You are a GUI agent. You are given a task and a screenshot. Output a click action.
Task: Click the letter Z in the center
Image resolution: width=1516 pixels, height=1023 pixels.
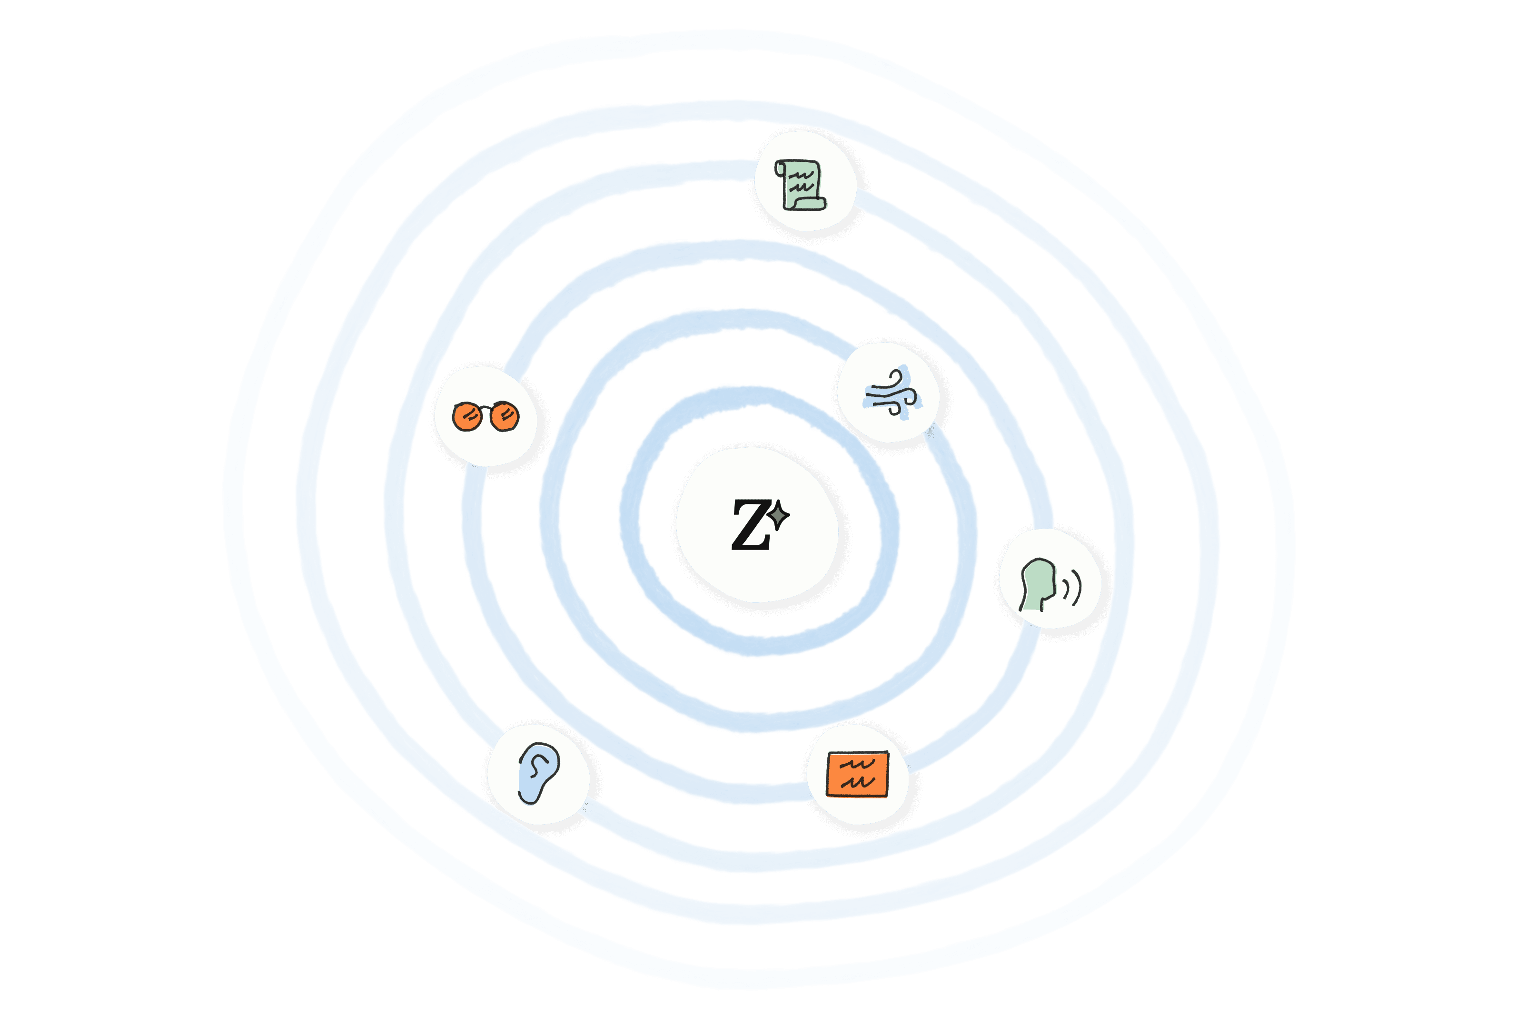(750, 525)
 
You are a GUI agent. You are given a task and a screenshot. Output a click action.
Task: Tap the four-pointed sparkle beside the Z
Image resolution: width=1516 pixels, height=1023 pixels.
(779, 516)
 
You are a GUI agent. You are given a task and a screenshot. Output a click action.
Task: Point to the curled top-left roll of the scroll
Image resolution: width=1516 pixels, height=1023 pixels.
(780, 169)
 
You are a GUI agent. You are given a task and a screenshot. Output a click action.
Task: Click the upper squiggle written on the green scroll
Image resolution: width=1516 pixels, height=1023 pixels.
(801, 175)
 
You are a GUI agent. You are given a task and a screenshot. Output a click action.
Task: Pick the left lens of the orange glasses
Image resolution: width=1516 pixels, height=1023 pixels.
(466, 416)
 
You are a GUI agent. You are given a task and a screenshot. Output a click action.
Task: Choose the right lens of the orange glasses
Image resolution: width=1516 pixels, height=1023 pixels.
(505, 415)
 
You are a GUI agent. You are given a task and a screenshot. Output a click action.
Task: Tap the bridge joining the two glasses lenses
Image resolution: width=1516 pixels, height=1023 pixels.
(486, 408)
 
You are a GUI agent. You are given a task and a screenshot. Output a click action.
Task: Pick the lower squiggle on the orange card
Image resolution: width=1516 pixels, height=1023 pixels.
(857, 782)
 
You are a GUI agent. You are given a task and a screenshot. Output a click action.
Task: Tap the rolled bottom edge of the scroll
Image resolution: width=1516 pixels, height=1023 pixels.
(809, 204)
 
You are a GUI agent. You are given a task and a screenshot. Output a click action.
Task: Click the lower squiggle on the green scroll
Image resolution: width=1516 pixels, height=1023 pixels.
(802, 188)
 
